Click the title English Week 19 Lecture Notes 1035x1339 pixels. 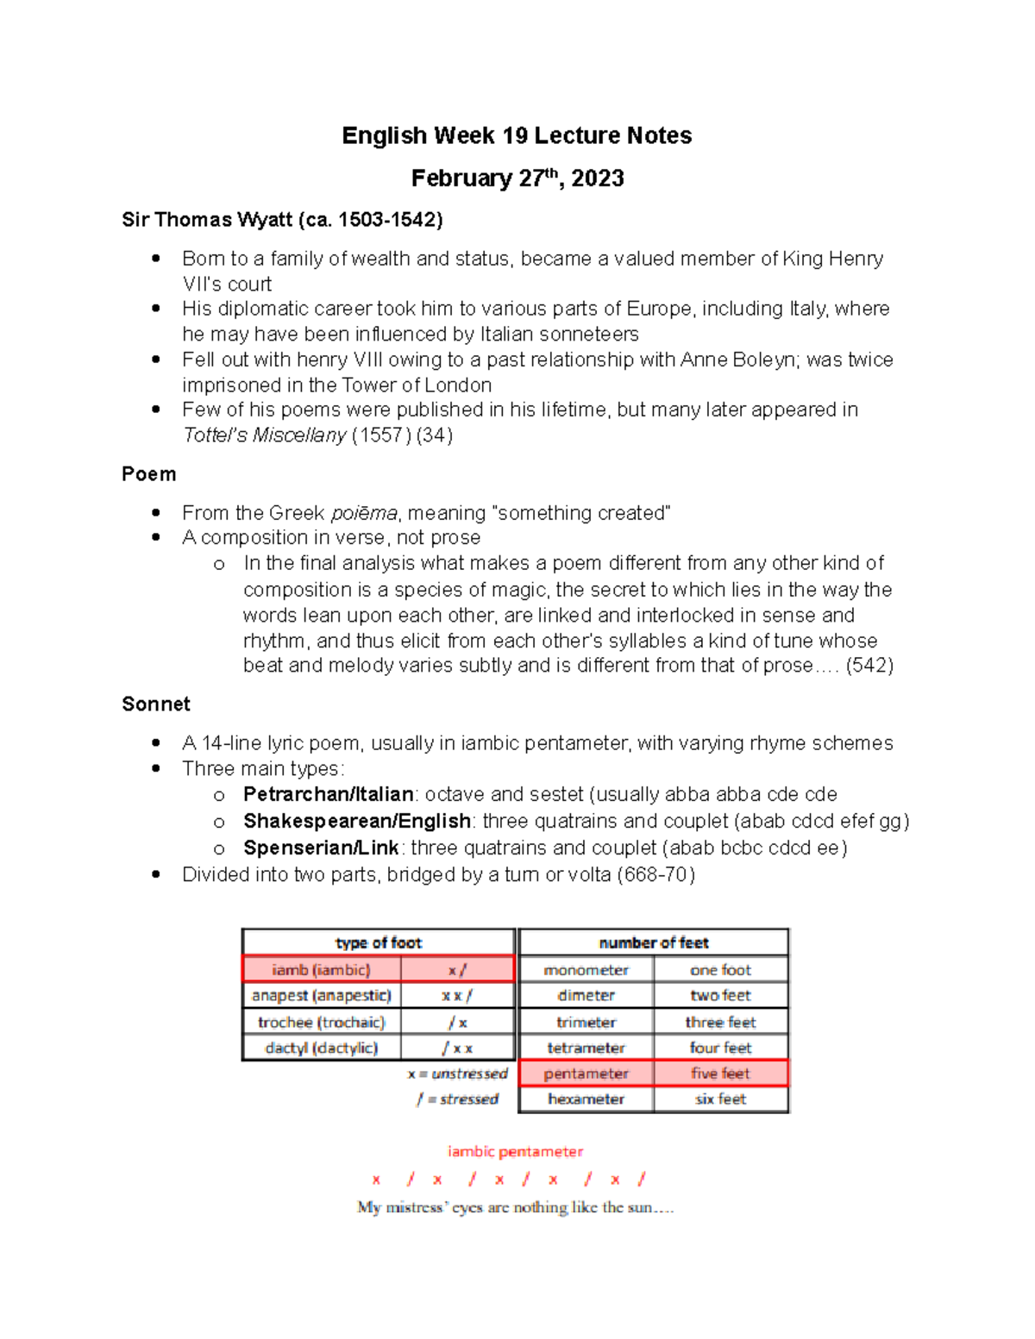point(517,135)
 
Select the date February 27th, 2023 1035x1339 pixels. point(517,178)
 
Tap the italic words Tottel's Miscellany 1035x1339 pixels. point(264,435)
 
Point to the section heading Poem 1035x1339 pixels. point(149,474)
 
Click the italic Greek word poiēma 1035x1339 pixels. point(364,514)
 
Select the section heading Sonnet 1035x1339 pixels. point(156,704)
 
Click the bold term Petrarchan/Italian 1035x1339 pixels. point(328,794)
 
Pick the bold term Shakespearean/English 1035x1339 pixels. point(356,821)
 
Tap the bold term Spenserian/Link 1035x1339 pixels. point(321,848)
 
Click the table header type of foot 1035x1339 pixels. point(378,942)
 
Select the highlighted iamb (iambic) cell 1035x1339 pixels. point(321,970)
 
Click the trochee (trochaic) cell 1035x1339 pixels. point(321,1023)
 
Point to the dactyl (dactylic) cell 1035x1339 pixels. point(321,1048)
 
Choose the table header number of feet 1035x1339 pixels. point(653,942)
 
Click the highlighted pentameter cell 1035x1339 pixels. point(586,1073)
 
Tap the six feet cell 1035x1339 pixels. point(720,1099)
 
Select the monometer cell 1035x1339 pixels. point(586,970)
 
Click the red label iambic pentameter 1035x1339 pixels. point(515,1152)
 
